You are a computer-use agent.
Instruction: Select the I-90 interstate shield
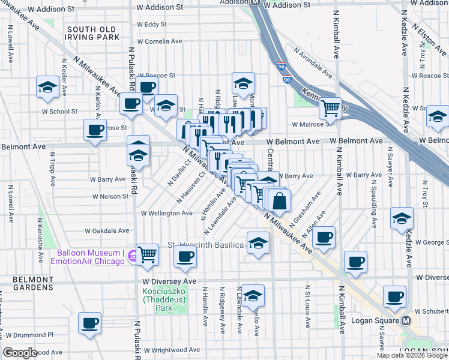click(x=286, y=79)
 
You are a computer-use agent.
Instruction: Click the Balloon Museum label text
click(x=92, y=256)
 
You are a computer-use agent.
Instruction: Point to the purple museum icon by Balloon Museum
click(x=130, y=256)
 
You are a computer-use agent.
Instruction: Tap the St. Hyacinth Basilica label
click(x=206, y=245)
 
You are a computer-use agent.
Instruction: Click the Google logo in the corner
click(x=20, y=353)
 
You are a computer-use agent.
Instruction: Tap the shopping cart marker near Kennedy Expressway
click(x=330, y=108)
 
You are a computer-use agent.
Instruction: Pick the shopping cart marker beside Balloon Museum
click(x=147, y=254)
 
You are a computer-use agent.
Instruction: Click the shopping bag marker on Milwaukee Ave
click(x=280, y=200)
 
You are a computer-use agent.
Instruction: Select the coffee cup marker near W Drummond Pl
click(x=90, y=323)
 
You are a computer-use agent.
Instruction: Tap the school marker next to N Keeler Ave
click(x=47, y=87)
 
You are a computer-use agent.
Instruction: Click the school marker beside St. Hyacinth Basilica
click(x=258, y=244)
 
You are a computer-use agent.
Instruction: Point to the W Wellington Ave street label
click(x=166, y=213)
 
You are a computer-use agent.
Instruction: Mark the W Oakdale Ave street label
click(x=107, y=230)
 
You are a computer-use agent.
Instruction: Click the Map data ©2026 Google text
click(x=412, y=355)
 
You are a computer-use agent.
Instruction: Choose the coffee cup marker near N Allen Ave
click(x=324, y=237)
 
